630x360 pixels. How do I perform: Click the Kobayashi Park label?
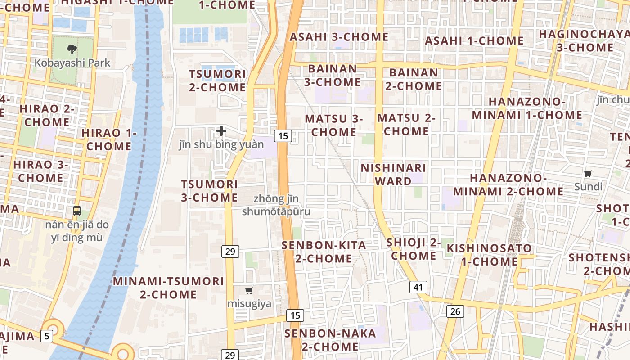(x=72, y=63)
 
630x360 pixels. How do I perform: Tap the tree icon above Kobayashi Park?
(x=72, y=49)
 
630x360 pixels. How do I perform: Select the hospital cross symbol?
(x=221, y=131)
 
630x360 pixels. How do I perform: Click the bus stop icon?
(x=77, y=211)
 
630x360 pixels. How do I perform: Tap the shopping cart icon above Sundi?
(x=588, y=173)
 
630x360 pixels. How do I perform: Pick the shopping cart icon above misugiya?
(x=249, y=291)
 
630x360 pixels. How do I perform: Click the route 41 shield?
(x=418, y=287)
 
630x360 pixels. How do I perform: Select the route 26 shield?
(x=455, y=311)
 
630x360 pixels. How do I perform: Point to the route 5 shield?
(x=46, y=335)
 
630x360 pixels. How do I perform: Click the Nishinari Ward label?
(x=394, y=175)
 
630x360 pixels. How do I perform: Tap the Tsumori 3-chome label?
(x=210, y=191)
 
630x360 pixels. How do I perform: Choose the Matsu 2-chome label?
(x=406, y=125)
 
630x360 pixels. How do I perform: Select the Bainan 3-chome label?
(x=333, y=75)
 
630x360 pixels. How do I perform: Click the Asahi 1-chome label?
(x=474, y=40)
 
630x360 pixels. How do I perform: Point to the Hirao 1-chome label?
(x=109, y=139)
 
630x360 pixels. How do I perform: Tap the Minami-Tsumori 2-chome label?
(x=168, y=288)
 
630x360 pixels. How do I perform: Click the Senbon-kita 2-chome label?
(x=324, y=252)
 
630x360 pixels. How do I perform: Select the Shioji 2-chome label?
(x=414, y=249)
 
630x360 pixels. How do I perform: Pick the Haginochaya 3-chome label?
(x=585, y=40)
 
